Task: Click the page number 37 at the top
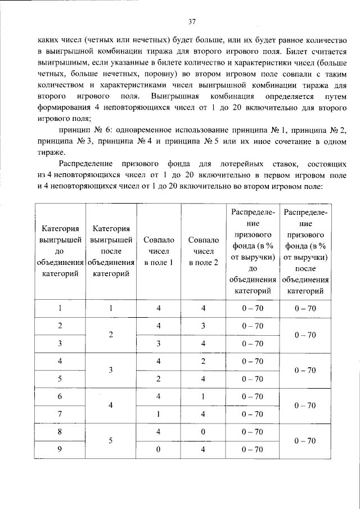pyautogui.click(x=192, y=22)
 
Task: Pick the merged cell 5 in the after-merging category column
pyautogui.click(x=111, y=440)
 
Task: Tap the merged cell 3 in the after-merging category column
pyautogui.click(x=111, y=370)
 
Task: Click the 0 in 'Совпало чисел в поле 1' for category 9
pyautogui.click(x=159, y=449)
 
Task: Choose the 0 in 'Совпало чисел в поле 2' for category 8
pyautogui.click(x=203, y=432)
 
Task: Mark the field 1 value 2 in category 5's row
pyautogui.click(x=159, y=379)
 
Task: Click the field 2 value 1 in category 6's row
pyautogui.click(x=203, y=397)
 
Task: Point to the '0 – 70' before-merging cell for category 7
pyautogui.click(x=252, y=415)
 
